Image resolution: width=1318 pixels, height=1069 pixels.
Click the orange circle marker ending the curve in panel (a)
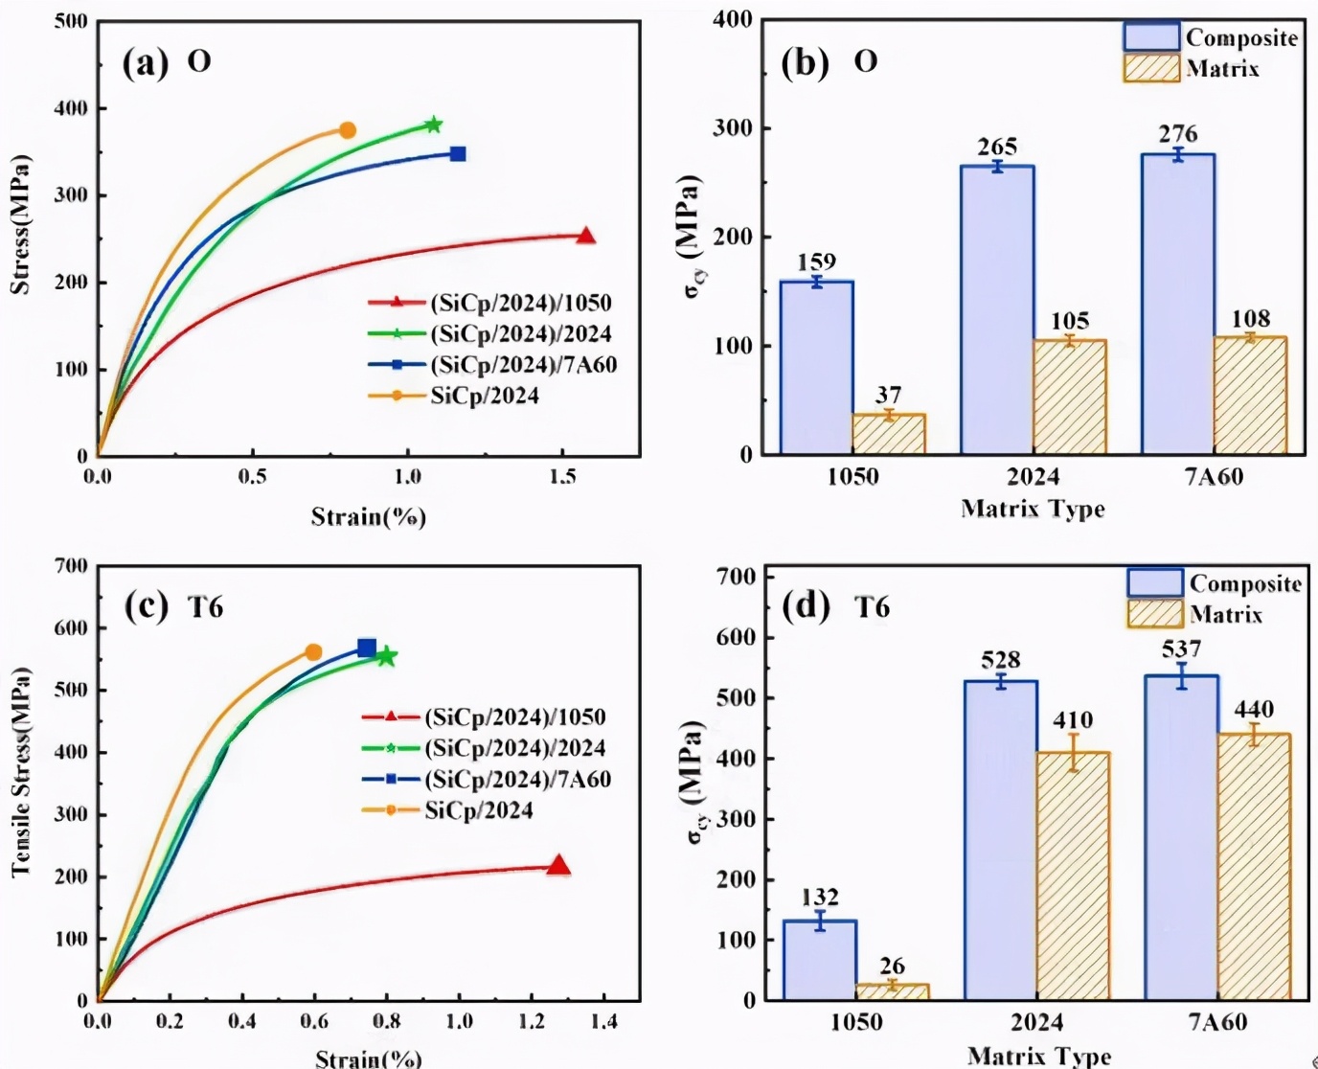(x=347, y=130)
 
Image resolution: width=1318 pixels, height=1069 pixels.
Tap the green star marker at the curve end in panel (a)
(x=433, y=125)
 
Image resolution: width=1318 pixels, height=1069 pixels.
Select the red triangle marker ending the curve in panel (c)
(x=557, y=867)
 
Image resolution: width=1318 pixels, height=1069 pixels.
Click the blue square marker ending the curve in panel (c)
(x=367, y=648)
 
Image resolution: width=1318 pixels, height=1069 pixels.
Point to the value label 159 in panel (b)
(x=816, y=262)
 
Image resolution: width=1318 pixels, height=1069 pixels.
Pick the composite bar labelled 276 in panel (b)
(x=1177, y=304)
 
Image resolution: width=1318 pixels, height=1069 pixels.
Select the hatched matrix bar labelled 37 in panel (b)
(x=888, y=434)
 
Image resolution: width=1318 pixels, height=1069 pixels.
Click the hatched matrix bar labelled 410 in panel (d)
(x=1073, y=876)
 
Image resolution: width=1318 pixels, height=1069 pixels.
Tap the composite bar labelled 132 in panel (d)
(x=820, y=960)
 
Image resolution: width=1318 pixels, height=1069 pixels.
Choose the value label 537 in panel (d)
(x=1181, y=650)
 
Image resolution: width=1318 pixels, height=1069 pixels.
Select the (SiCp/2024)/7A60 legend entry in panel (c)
(x=517, y=780)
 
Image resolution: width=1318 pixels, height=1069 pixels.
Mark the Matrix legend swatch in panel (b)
(x=1151, y=68)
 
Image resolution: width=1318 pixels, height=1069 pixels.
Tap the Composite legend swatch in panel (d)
(x=1155, y=582)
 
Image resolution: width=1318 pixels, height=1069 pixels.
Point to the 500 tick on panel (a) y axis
(x=71, y=21)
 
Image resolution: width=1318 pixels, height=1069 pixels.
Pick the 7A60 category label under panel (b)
(x=1214, y=477)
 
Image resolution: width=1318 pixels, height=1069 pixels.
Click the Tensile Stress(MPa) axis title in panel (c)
(x=22, y=772)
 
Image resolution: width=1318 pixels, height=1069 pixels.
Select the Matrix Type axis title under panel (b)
(x=1033, y=509)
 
